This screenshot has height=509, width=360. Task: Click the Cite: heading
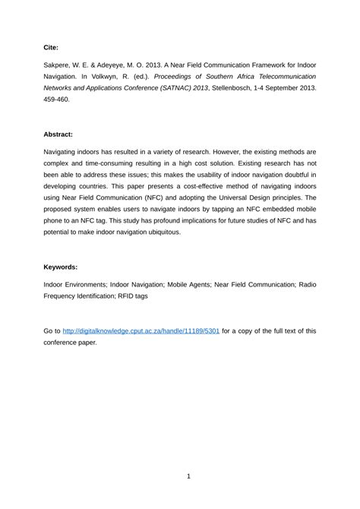point(52,46)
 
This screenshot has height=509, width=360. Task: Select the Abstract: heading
point(58,134)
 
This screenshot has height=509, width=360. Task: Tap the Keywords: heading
point(61,267)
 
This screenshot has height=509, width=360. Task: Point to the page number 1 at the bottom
point(188,476)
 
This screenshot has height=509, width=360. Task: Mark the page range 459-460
point(58,100)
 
